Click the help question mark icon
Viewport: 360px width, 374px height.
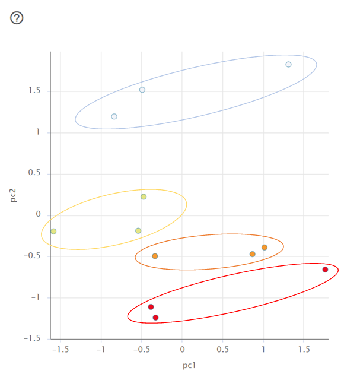17,18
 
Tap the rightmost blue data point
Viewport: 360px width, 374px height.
288,65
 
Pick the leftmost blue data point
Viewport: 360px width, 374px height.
114,116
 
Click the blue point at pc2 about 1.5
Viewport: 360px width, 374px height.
142,90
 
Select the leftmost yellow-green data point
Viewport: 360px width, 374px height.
53,232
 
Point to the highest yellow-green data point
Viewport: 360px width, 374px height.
144,196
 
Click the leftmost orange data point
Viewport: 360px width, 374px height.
155,256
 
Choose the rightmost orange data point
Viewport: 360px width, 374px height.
265,248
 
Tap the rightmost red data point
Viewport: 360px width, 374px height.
325,270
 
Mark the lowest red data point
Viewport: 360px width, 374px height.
156,318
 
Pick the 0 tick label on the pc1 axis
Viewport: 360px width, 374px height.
182,350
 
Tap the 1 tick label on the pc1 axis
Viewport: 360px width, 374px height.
263,350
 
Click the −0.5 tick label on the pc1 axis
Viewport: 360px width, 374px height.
140,350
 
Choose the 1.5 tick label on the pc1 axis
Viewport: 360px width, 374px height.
304,350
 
